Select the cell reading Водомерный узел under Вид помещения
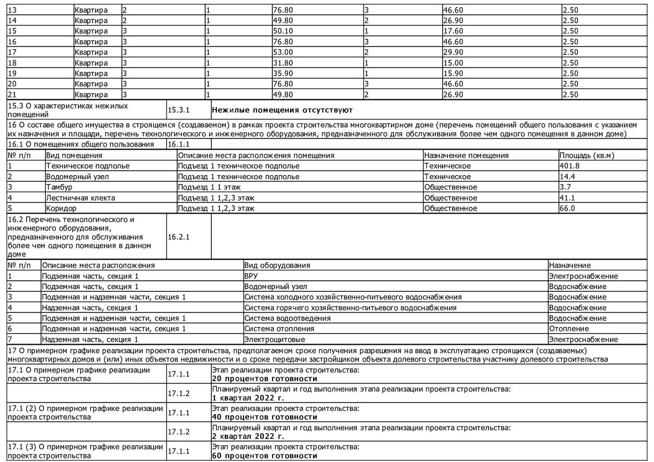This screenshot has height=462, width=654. click(77, 177)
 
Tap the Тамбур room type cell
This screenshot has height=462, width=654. click(59, 187)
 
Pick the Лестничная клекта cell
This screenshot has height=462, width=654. click(80, 198)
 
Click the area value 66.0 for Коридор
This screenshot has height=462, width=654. click(567, 208)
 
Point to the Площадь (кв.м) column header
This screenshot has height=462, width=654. click(586, 155)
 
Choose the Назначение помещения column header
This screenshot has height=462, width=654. click(466, 155)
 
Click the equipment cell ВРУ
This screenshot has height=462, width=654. click(251, 276)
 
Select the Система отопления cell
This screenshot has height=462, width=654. click(279, 329)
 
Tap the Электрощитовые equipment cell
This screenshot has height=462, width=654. click(275, 339)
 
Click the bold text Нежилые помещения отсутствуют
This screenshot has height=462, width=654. click(282, 110)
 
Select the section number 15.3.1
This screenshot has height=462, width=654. click(178, 110)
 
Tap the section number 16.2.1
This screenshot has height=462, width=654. click(178, 237)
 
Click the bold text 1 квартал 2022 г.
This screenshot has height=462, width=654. click(248, 398)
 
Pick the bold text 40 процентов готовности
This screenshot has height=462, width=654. click(265, 417)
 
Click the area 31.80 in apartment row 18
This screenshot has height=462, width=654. click(283, 63)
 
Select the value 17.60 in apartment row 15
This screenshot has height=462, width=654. click(453, 31)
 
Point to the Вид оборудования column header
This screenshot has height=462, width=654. click(277, 265)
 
